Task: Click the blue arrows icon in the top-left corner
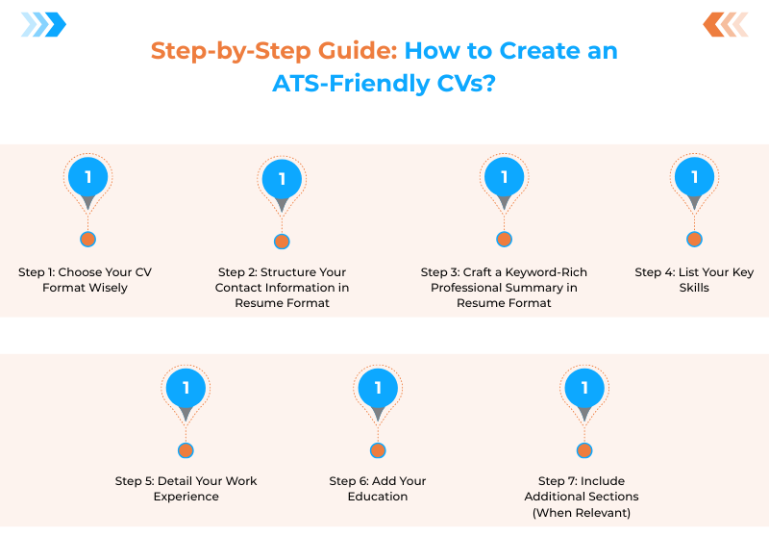pos(43,24)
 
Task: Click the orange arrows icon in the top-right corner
pos(725,24)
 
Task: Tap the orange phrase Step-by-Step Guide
pos(273,51)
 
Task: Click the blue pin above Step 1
pos(87,178)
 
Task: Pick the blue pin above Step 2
pos(282,180)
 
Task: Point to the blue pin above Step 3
pos(504,178)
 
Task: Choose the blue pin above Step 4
pos(694,178)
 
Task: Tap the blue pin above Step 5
pos(186,389)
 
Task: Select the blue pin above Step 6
pos(378,389)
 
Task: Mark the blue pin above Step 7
pos(584,389)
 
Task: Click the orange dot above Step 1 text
pos(87,240)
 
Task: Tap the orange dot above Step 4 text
pos(694,240)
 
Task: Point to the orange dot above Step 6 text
pos(378,450)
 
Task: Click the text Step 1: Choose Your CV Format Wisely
pos(85,280)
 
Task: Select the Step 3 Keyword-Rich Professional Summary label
pos(504,288)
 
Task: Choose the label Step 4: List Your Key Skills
pos(694,280)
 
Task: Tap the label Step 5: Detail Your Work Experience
pos(186,489)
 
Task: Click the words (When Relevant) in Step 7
pos(582,513)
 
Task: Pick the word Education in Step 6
pos(378,497)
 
